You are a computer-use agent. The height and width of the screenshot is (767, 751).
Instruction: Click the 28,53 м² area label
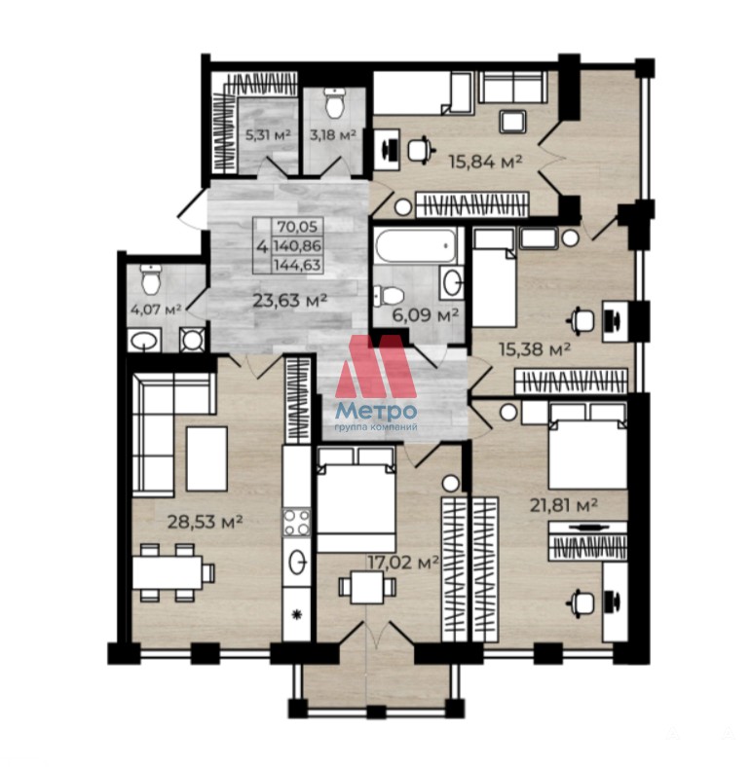click(206, 522)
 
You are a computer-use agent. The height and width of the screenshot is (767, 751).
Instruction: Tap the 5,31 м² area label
click(268, 134)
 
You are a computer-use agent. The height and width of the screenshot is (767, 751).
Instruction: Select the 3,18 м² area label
click(333, 134)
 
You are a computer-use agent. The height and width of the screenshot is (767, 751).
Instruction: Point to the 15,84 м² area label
click(486, 161)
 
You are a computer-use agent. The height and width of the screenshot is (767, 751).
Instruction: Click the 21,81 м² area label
click(564, 504)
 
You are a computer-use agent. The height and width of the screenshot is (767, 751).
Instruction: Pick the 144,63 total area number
click(298, 265)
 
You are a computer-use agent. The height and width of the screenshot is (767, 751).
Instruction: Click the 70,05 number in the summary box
click(298, 227)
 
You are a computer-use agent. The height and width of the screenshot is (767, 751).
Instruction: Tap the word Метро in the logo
click(376, 411)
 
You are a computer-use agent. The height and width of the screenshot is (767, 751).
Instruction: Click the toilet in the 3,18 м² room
click(335, 104)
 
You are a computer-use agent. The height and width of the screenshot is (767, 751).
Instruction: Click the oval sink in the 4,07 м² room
click(144, 341)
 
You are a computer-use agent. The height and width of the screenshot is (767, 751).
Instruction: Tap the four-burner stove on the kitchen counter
click(297, 523)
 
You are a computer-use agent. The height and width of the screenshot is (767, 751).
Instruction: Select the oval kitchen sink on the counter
click(298, 561)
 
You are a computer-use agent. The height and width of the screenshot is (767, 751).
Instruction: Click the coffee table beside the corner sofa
click(207, 458)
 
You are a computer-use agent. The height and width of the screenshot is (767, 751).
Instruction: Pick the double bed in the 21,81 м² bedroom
click(588, 445)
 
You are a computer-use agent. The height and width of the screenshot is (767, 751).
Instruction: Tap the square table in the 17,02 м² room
click(367, 587)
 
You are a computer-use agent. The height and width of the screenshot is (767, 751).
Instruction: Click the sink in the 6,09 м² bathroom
click(451, 282)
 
